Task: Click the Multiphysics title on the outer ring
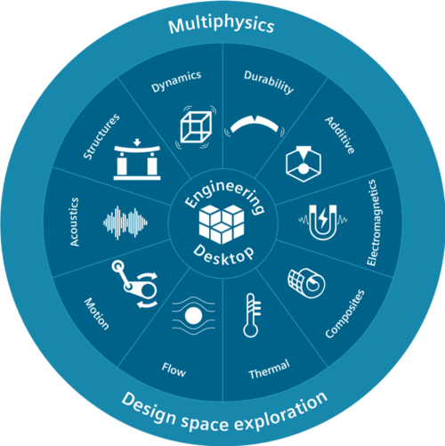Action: point(222,25)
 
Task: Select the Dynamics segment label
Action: point(176,81)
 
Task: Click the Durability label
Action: point(269,82)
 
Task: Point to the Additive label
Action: point(340,135)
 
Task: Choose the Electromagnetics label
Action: point(375,223)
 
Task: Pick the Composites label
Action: point(344,313)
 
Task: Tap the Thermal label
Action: point(269,369)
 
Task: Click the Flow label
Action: point(174,369)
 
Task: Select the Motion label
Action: point(97,313)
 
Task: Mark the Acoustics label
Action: point(75,222)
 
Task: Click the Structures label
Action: point(101,136)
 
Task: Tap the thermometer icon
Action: point(252,315)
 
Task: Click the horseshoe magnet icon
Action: point(323,222)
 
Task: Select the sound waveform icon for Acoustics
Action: point(125,223)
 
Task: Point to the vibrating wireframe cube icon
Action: point(196,127)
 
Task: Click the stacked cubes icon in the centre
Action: point(222,224)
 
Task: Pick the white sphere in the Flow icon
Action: point(193,315)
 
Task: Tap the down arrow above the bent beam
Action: point(137,142)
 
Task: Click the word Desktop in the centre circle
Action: point(223,255)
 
